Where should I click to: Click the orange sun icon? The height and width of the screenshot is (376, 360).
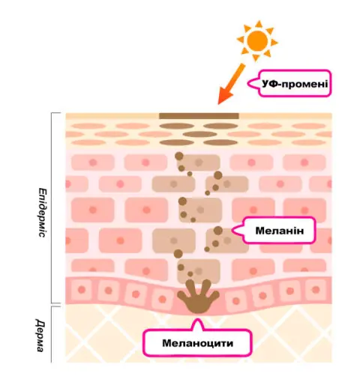(257, 40)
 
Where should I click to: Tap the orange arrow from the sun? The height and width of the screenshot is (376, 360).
(231, 84)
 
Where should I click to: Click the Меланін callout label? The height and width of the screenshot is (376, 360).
(274, 230)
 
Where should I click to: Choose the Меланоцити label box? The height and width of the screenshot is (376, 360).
(197, 342)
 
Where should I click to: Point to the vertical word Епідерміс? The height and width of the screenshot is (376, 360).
(43, 213)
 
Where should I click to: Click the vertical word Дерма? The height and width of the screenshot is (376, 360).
(40, 335)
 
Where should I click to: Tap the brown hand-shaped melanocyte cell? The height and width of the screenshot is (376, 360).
(198, 297)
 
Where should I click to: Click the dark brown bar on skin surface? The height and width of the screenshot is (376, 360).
(199, 116)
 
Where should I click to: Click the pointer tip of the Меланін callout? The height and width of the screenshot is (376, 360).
(232, 230)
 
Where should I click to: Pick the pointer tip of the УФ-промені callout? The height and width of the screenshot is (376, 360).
(248, 83)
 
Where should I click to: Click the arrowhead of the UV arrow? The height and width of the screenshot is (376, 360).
(223, 97)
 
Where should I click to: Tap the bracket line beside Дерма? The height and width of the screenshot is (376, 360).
(52, 334)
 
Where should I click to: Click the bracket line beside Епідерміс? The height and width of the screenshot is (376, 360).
(52, 207)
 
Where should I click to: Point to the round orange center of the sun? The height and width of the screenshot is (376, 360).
(257, 40)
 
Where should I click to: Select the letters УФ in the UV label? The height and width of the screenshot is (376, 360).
(270, 84)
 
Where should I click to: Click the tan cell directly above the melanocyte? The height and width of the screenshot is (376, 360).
(199, 271)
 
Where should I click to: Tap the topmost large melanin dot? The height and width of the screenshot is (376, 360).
(179, 157)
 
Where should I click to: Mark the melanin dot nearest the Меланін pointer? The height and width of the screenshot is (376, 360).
(218, 231)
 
